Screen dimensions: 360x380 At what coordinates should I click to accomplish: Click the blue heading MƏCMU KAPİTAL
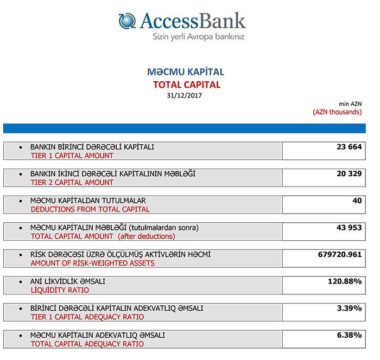pyautogui.click(x=186, y=72)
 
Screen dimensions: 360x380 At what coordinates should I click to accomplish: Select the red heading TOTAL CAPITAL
pyautogui.click(x=186, y=85)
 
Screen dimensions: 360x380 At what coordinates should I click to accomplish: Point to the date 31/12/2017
pyautogui.click(x=186, y=96)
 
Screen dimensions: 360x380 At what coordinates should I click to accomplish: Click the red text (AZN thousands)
pyautogui.click(x=337, y=112)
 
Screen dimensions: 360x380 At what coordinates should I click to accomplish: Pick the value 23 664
pyautogui.click(x=346, y=147)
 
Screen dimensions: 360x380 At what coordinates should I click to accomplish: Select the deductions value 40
pyautogui.click(x=357, y=201)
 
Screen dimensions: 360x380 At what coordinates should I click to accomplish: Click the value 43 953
pyautogui.click(x=346, y=228)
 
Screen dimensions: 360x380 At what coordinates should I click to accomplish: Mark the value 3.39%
pyautogui.click(x=349, y=308)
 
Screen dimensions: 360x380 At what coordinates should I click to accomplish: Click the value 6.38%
pyautogui.click(x=349, y=335)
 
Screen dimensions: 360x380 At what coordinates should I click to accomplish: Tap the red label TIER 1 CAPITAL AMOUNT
pyautogui.click(x=72, y=156)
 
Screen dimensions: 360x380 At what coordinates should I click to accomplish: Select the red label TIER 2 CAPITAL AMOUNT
pyautogui.click(x=72, y=183)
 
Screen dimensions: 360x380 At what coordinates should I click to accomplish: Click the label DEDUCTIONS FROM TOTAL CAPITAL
pyautogui.click(x=90, y=209)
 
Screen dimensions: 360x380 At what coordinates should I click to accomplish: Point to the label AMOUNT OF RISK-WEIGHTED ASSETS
pyautogui.click(x=92, y=263)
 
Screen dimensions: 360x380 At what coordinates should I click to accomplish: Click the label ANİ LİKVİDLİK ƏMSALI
pyautogui.click(x=68, y=282)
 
